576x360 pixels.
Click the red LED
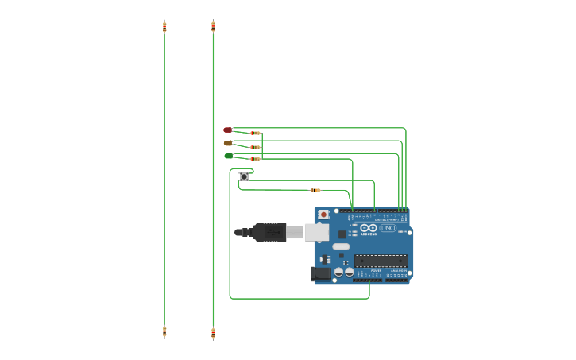point(227,130)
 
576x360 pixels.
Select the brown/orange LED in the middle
point(228,143)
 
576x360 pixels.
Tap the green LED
point(229,156)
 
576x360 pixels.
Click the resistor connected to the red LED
point(255,134)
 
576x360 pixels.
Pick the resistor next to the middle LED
point(255,147)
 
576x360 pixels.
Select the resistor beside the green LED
point(255,159)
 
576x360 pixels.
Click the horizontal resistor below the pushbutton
point(315,190)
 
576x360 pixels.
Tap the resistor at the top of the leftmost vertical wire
point(164,26)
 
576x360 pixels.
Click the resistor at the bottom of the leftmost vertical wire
point(164,332)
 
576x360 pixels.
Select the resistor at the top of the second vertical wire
point(213,26)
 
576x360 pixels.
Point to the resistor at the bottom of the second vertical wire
point(213,333)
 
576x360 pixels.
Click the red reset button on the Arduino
point(323,215)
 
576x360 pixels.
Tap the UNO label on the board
point(388,228)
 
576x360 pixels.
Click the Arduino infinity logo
point(368,227)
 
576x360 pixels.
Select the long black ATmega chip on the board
point(381,261)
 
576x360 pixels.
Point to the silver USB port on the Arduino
point(316,232)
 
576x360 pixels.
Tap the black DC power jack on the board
point(321,273)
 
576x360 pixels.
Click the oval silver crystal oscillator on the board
point(341,246)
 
